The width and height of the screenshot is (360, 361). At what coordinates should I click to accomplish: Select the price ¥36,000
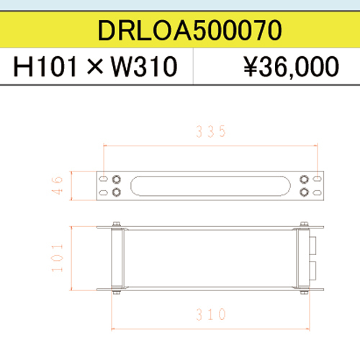(x=291, y=67)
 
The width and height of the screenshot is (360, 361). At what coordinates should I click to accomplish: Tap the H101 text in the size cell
(x=46, y=67)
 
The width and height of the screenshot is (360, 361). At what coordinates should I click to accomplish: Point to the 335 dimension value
(x=211, y=131)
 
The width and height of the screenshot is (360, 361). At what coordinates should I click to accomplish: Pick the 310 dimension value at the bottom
(x=211, y=314)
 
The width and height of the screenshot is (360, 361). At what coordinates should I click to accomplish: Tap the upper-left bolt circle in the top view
(x=117, y=179)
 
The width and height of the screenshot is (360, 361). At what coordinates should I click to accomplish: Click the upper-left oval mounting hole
(x=105, y=179)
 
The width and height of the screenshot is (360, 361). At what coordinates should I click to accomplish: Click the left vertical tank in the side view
(x=116, y=259)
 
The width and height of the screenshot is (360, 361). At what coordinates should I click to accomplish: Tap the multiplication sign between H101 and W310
(x=96, y=68)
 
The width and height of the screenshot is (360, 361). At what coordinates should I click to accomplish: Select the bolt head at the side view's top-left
(x=116, y=223)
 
